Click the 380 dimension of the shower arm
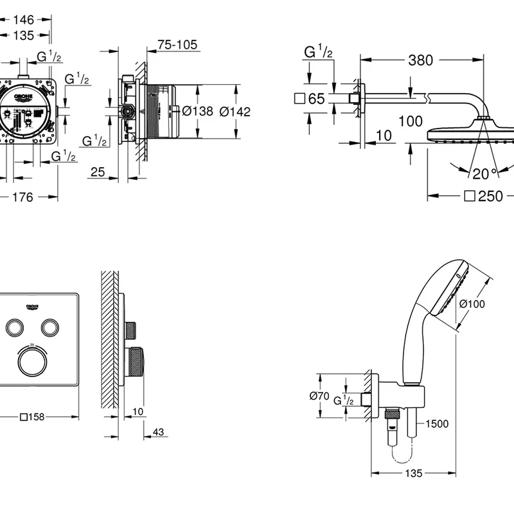pos(420,61)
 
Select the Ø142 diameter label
pos(235,111)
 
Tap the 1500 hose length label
pos(436,423)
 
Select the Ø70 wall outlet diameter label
pos(319,396)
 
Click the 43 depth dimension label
pos(158,432)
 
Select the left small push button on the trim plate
pos(15,327)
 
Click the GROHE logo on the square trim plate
pos(32,304)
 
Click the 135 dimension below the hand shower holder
pos(414,474)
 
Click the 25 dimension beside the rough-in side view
pos(98,172)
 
